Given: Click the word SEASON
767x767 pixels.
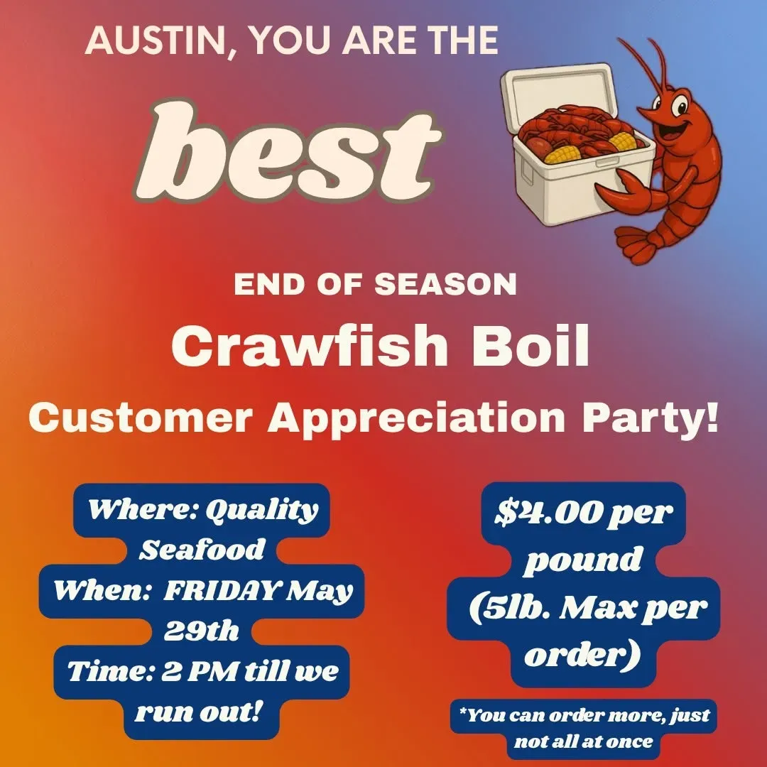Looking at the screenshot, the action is [x=445, y=284].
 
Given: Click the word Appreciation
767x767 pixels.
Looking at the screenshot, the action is [x=416, y=418].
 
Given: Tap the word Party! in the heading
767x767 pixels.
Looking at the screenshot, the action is [x=651, y=418].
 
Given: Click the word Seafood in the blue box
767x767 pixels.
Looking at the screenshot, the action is [x=202, y=549].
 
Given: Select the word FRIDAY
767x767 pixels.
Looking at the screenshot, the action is [x=221, y=590].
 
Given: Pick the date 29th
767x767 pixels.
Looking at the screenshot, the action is [x=202, y=631].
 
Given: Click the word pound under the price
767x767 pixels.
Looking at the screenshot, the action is [x=583, y=560].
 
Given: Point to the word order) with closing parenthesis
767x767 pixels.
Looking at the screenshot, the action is [x=582, y=655].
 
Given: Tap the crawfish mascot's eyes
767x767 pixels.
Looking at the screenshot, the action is [x=673, y=104].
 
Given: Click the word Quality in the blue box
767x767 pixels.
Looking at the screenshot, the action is [x=261, y=510].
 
